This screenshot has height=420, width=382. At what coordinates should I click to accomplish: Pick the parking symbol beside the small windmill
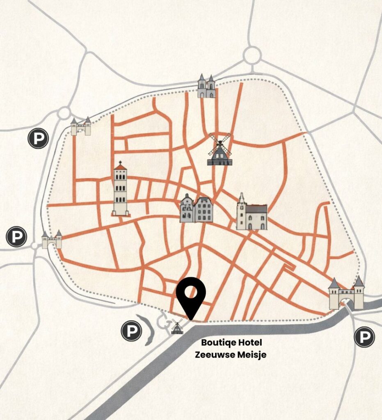coord(131,331)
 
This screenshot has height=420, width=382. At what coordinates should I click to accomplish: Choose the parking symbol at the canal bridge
coord(364,338)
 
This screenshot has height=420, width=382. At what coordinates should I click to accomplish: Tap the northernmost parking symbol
coord(38,139)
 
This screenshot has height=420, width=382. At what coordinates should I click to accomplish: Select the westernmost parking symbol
coord(16,237)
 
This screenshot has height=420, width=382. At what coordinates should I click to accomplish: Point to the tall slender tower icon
coord(120,189)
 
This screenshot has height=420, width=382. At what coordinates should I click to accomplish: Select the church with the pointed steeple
coord(252,213)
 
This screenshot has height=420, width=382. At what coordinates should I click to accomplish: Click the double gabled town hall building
coord(196,209)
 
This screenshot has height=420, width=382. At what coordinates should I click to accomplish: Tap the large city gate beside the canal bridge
coord(346,294)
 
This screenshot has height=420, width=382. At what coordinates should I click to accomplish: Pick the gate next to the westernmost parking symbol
coord(52,240)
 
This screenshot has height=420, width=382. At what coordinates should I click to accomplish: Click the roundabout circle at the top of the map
coord(252,55)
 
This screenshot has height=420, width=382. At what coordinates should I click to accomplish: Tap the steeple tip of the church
coord(242,194)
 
